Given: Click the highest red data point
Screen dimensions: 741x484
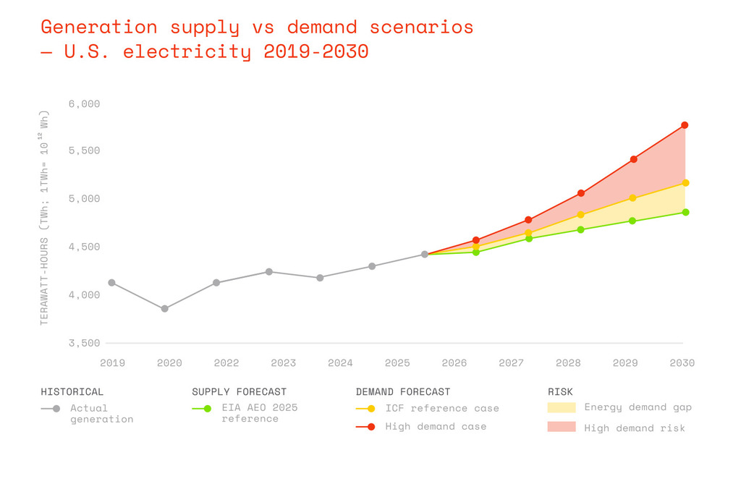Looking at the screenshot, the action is point(685,125).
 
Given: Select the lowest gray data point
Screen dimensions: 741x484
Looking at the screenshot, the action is point(164,309).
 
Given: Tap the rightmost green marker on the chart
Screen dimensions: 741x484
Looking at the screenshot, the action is point(685,212).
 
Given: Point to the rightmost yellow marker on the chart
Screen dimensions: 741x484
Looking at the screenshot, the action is point(685,182).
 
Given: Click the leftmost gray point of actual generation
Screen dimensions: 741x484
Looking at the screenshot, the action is point(111,283).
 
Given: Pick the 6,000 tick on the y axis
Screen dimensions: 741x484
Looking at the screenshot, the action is point(84,104).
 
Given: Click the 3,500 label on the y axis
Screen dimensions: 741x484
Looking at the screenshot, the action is point(84,343).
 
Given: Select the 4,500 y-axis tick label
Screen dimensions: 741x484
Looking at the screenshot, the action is point(84,247).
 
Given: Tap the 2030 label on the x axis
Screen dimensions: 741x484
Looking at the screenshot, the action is point(682,363).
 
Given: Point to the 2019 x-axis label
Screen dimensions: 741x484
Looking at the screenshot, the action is point(112,363).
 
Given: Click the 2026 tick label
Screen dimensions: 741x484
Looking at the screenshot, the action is point(454,363).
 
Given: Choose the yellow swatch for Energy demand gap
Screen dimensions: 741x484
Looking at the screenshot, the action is point(562,407).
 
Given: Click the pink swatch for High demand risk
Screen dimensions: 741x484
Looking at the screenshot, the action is point(562,427).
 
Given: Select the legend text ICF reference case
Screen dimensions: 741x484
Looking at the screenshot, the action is point(442,408).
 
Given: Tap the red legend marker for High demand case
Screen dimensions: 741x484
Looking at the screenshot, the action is point(371,427).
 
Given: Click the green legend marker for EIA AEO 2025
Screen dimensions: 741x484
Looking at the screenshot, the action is point(207,408).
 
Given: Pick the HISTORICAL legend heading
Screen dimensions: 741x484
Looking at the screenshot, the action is point(72,392).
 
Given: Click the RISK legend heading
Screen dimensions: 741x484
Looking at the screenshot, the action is point(560,392).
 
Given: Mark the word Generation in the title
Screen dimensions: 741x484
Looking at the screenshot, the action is point(98,27).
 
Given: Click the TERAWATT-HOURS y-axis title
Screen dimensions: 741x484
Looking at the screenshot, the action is point(44,281).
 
